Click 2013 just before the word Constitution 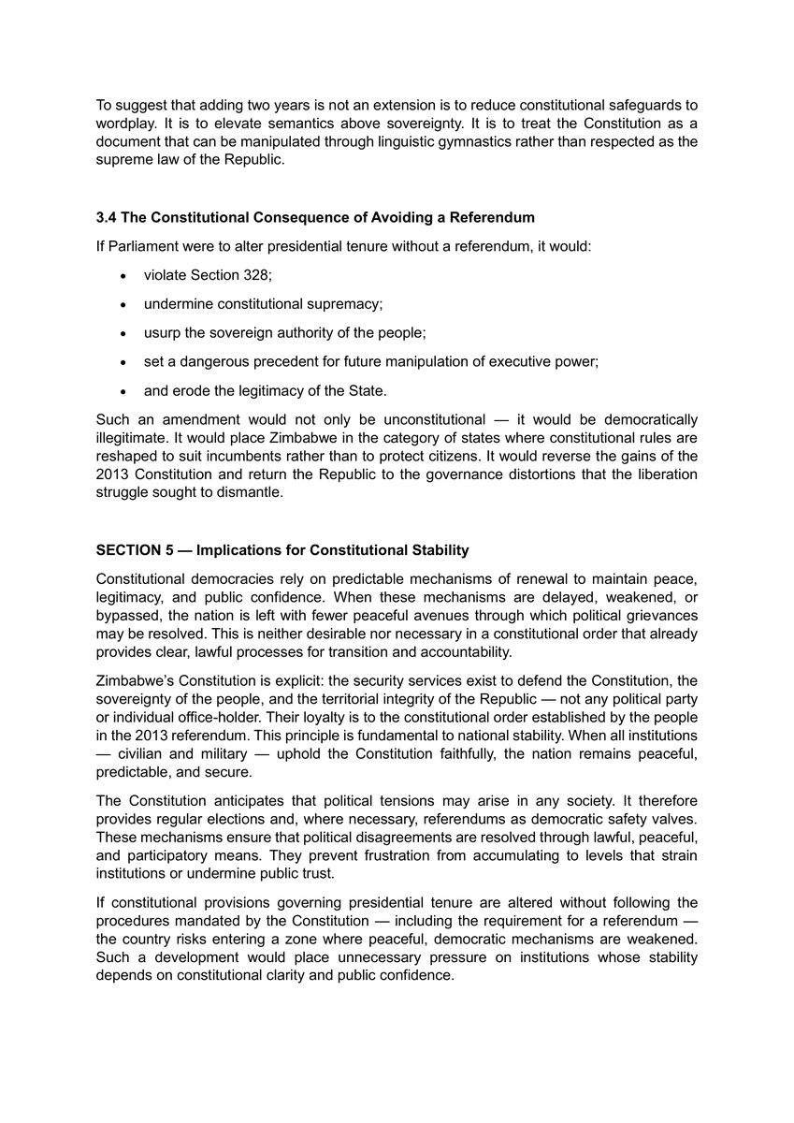coord(112,475)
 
